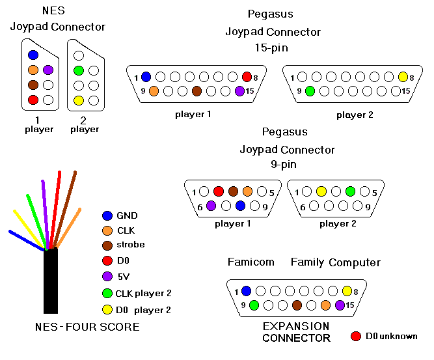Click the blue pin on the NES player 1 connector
point(33,55)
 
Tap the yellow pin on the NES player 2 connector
point(79,100)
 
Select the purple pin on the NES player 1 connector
point(47,70)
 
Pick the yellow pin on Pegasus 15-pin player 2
point(403,76)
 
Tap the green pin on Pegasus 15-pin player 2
point(310,90)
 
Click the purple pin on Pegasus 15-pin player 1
point(240,90)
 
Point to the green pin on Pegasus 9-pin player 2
point(350,191)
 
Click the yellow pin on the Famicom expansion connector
point(347,290)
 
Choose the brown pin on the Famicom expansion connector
point(297,305)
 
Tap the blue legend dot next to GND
point(107,215)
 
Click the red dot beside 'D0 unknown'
point(355,336)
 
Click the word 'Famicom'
point(251,262)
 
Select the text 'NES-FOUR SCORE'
point(88,326)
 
